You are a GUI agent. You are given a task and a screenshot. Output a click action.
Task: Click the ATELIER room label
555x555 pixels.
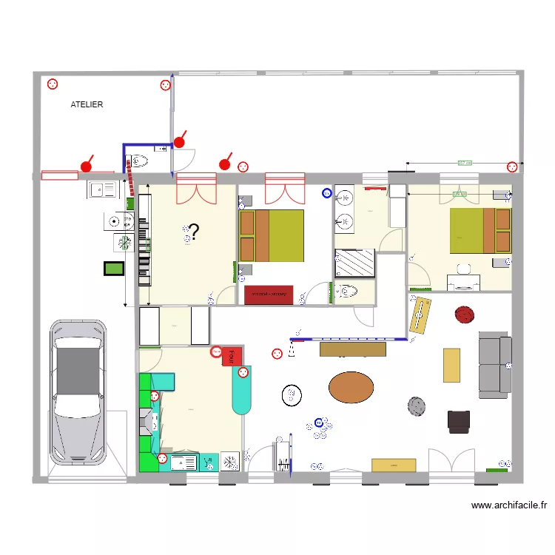[87, 105]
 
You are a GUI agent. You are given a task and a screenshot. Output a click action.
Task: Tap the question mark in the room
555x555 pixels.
[194, 232]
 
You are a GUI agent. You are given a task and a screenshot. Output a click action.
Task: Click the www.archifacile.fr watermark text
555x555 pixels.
[509, 506]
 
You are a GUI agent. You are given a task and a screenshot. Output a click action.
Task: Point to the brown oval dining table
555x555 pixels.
[351, 386]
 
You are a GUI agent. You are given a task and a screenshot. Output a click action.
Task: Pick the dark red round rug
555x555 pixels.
[465, 314]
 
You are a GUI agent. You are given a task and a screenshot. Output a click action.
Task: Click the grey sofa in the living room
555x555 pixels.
[494, 363]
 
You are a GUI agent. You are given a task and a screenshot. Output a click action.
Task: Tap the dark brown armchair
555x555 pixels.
[459, 421]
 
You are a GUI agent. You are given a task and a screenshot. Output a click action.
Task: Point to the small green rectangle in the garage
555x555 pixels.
[112, 269]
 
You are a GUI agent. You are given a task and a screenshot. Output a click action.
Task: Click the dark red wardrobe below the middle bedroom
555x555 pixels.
[269, 295]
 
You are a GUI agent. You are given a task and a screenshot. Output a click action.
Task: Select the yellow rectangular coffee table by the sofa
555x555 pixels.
[451, 365]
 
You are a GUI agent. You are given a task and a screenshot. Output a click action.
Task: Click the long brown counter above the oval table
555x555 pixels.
[353, 349]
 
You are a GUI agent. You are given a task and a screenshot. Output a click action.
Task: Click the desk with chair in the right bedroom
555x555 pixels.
[463, 280]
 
